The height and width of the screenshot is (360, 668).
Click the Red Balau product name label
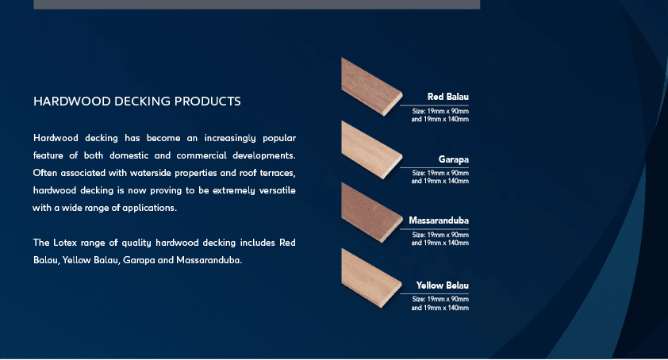(x=447, y=97)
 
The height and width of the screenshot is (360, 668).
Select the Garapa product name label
(x=453, y=159)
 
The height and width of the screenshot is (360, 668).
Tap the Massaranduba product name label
(x=439, y=220)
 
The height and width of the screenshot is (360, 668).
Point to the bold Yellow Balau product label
(x=442, y=285)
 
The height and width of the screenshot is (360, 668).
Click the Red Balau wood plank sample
(x=371, y=87)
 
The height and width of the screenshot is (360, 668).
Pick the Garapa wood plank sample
(x=371, y=150)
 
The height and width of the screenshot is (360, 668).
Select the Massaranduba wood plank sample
(x=371, y=213)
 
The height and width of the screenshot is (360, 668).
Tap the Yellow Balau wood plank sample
(x=371, y=278)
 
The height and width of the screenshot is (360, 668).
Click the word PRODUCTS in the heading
(x=208, y=101)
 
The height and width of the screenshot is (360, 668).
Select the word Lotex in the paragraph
(x=65, y=243)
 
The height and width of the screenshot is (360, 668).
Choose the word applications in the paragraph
(x=149, y=208)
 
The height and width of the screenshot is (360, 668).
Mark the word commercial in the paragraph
(x=202, y=155)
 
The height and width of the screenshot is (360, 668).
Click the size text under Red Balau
(x=440, y=115)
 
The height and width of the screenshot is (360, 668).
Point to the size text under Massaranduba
(x=440, y=239)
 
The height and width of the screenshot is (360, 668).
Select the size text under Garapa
(x=440, y=177)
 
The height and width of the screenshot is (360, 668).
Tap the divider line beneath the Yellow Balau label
(x=434, y=293)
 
